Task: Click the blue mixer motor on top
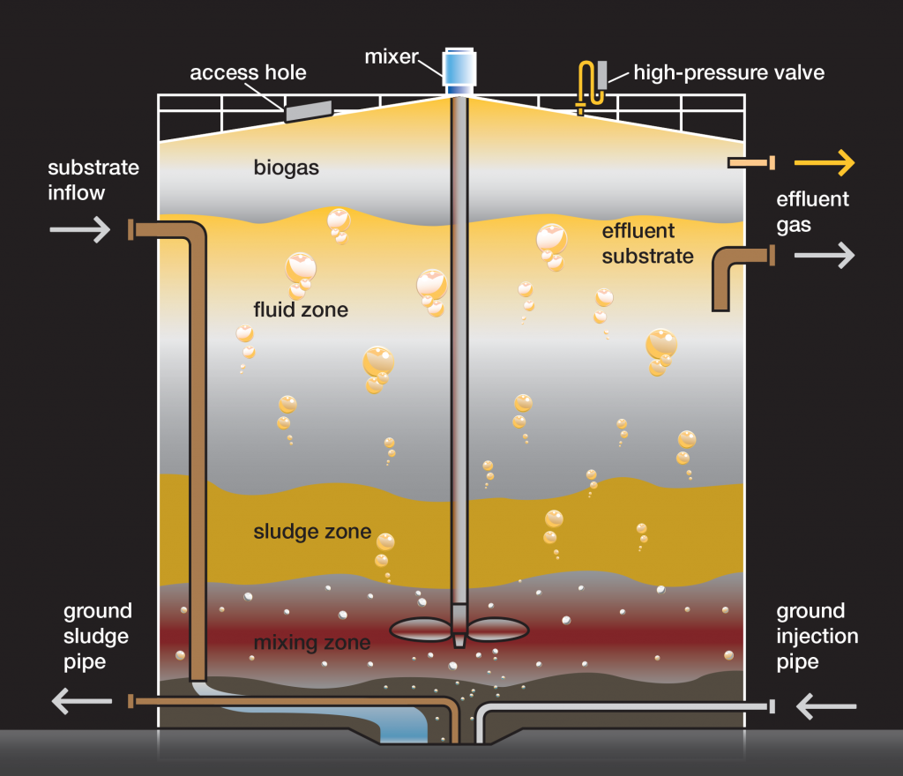pos(458,68)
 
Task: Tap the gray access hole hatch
pos(308,111)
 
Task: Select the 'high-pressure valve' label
pos(728,72)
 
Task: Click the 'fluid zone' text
pos(301,310)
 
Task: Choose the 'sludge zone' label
pos(312,532)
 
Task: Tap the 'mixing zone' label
pos(311,641)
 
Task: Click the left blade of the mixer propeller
pos(421,629)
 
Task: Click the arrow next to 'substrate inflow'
pos(79,230)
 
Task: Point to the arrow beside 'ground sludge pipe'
pos(82,701)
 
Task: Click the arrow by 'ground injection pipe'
pos(826,705)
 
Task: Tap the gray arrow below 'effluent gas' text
pos(825,256)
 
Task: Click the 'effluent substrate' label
pos(647,243)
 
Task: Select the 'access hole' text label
pos(248,72)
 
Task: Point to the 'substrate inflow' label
pos(93,180)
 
